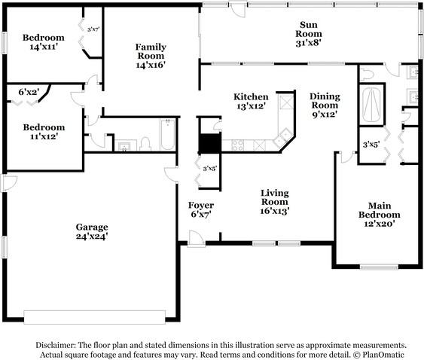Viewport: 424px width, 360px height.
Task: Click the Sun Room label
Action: point(309,29)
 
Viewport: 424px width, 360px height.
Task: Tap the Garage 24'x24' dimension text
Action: point(92,236)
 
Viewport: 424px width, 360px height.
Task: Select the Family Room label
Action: point(151,51)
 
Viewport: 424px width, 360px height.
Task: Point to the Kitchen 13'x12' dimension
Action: point(250,106)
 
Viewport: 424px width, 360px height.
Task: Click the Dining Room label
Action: point(325,101)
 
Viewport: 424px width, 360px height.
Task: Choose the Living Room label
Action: point(275,197)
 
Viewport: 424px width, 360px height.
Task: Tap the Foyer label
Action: point(201,205)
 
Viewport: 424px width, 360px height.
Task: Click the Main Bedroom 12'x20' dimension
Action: point(380,224)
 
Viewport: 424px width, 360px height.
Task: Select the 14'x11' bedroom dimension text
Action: point(44,47)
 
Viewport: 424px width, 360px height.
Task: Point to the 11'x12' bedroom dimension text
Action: point(44,136)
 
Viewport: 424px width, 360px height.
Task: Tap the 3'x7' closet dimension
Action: point(93,29)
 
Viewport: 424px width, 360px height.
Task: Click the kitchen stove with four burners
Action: point(237,145)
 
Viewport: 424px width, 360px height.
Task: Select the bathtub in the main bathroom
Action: point(371,105)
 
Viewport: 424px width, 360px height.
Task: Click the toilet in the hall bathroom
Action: point(145,144)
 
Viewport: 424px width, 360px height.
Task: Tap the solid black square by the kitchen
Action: point(210,143)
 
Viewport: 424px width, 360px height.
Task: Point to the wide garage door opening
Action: point(95,317)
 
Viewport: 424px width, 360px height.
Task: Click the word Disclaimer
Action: point(56,345)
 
